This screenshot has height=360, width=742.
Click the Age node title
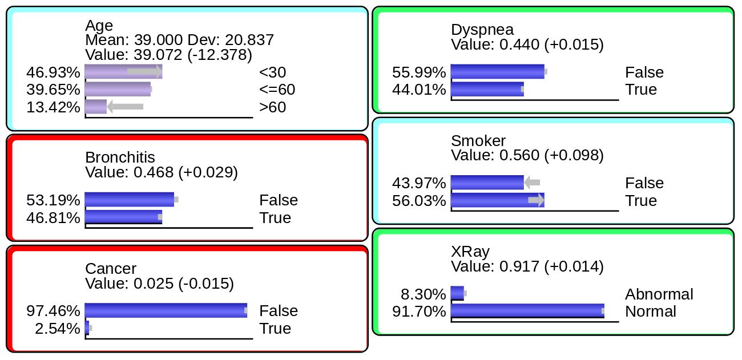pos(99,26)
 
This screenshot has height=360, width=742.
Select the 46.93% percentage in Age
pos(53,72)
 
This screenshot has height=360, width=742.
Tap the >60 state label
pos(272,107)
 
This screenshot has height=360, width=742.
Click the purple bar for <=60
pos(118,90)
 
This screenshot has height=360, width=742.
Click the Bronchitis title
pos(120,157)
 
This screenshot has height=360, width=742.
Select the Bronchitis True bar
pos(123,217)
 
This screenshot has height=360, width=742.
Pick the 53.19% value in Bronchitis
pos(53,200)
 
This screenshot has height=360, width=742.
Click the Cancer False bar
pos(166,310)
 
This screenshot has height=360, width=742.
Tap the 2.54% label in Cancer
pos(57,329)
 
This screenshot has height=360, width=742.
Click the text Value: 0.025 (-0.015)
pos(159,284)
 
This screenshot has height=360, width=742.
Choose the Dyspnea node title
pos(482,30)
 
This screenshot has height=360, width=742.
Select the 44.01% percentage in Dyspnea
pos(419,90)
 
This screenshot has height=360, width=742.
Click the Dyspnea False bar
pos(497,71)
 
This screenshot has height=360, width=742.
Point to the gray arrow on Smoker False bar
pos(532,183)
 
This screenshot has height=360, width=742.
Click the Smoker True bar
pos(497,200)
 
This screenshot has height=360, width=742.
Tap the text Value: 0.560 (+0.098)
pos(527,155)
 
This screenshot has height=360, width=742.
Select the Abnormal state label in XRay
pos(659,294)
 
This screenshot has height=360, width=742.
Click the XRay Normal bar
pos(527,311)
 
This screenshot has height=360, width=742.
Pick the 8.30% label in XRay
pos(423,294)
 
